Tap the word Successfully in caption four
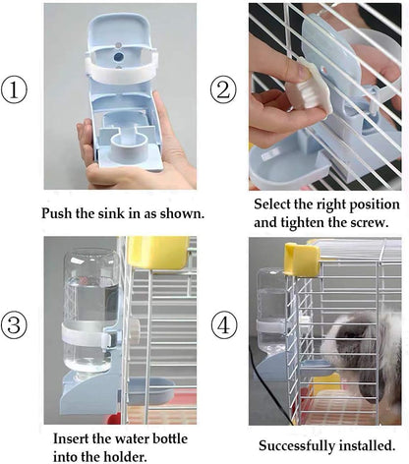[296, 445]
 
